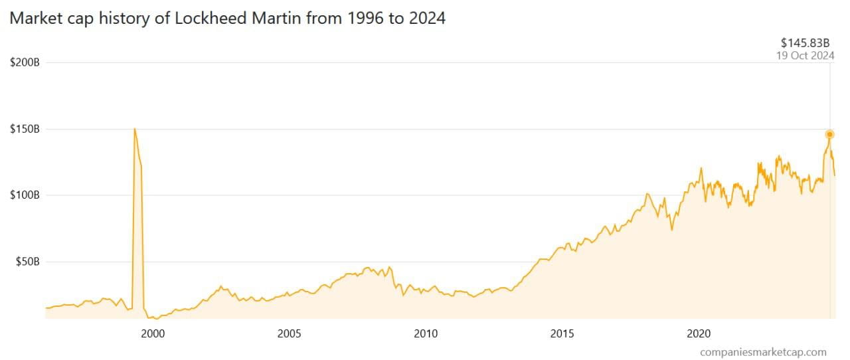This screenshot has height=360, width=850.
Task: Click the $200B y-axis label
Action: pos(25,62)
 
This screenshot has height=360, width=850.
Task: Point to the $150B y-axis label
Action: pos(25,129)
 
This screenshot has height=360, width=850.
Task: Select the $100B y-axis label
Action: pos(25,195)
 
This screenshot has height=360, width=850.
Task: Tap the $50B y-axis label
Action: pos(27,262)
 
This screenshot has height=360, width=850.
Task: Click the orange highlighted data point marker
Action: pos(829,134)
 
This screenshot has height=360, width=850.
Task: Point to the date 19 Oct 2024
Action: pos(805,56)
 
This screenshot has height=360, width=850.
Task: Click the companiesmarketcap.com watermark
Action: pos(763,352)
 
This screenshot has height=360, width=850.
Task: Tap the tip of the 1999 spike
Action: pos(135,129)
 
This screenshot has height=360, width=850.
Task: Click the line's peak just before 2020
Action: pos(701,168)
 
